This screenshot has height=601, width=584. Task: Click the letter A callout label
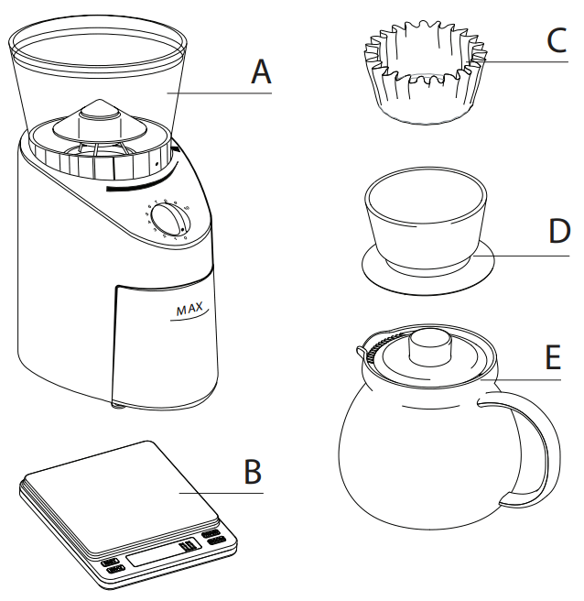click(x=262, y=71)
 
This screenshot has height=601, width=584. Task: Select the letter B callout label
click(x=253, y=472)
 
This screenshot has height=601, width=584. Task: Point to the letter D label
click(x=559, y=232)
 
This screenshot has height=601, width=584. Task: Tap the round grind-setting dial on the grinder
click(x=167, y=221)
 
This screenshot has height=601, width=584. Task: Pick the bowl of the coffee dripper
click(x=427, y=220)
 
